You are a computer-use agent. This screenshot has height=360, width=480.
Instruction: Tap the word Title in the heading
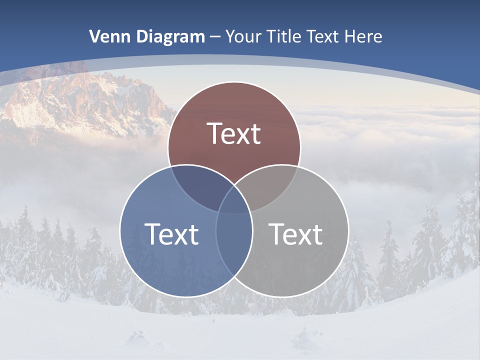286,36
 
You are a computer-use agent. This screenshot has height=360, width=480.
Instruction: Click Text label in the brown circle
234,133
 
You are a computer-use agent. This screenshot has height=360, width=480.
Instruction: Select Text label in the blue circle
171,233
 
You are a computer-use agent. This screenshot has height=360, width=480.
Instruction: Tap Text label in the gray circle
295,233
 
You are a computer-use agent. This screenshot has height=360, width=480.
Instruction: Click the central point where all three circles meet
234,200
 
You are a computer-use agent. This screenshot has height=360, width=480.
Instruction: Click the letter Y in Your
230,36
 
